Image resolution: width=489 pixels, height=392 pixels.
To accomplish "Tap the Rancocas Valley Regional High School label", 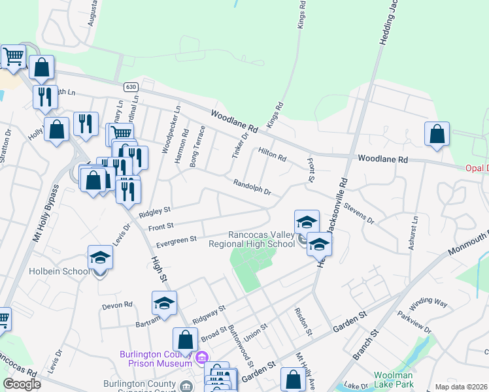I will point(252,240).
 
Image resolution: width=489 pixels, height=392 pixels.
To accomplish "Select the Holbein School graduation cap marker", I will point(101,257).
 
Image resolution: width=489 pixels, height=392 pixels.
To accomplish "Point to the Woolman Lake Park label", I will point(394,380).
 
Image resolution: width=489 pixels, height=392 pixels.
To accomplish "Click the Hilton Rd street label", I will point(272,154).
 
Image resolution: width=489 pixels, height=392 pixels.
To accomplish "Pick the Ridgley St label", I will point(154,212).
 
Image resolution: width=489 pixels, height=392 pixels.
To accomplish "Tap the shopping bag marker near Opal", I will point(437,134).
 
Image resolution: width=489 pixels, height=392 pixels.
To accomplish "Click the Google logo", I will point(22,384).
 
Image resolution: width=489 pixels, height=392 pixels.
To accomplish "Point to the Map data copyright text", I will point(462,387).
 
